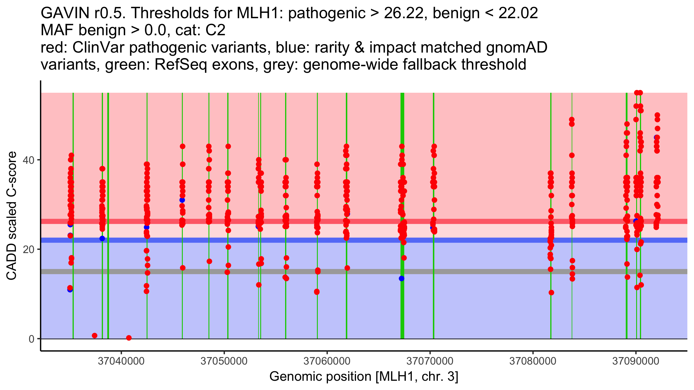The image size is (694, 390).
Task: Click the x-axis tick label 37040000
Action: (x=121, y=361)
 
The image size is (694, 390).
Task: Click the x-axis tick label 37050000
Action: (x=224, y=361)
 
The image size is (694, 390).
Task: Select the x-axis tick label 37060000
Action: (x=327, y=361)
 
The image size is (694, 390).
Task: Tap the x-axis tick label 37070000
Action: (x=430, y=361)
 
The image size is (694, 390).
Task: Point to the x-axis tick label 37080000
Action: (x=533, y=361)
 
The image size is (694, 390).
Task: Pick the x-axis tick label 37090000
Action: (x=636, y=361)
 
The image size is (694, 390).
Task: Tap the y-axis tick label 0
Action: (x=32, y=339)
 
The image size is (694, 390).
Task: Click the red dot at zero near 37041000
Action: (x=129, y=338)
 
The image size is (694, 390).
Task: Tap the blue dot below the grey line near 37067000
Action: (x=401, y=278)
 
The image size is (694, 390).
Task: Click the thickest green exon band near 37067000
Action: (x=402, y=303)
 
